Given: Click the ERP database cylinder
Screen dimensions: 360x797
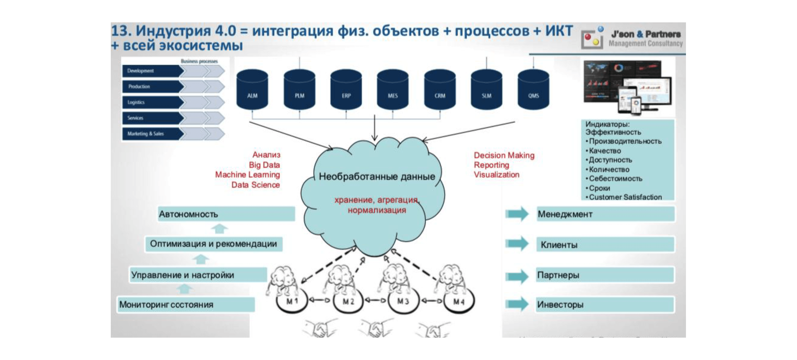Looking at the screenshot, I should (x=346, y=90).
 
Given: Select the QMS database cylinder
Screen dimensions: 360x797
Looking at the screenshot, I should (x=533, y=90).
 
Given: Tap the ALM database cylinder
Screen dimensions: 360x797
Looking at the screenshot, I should (x=252, y=90).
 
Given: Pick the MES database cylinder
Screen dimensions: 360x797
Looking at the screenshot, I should (x=393, y=90).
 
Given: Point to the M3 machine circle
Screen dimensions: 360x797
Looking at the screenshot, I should (x=403, y=301).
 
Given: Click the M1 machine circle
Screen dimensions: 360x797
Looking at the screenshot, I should (x=292, y=301).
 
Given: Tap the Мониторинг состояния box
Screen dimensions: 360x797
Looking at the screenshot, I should (x=186, y=305).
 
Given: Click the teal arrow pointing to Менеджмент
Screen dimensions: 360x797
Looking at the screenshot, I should (x=517, y=214).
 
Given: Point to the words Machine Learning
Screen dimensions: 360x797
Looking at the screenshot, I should (x=248, y=175).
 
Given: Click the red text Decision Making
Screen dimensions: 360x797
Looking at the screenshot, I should (x=504, y=155).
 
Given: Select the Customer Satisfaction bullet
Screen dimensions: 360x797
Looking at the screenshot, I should (x=625, y=197).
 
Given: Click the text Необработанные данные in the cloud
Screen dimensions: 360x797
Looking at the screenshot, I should (x=377, y=177).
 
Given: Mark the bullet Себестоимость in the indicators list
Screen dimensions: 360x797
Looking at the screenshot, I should (x=615, y=179).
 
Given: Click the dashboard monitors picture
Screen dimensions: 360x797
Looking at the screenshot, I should (x=628, y=87).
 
